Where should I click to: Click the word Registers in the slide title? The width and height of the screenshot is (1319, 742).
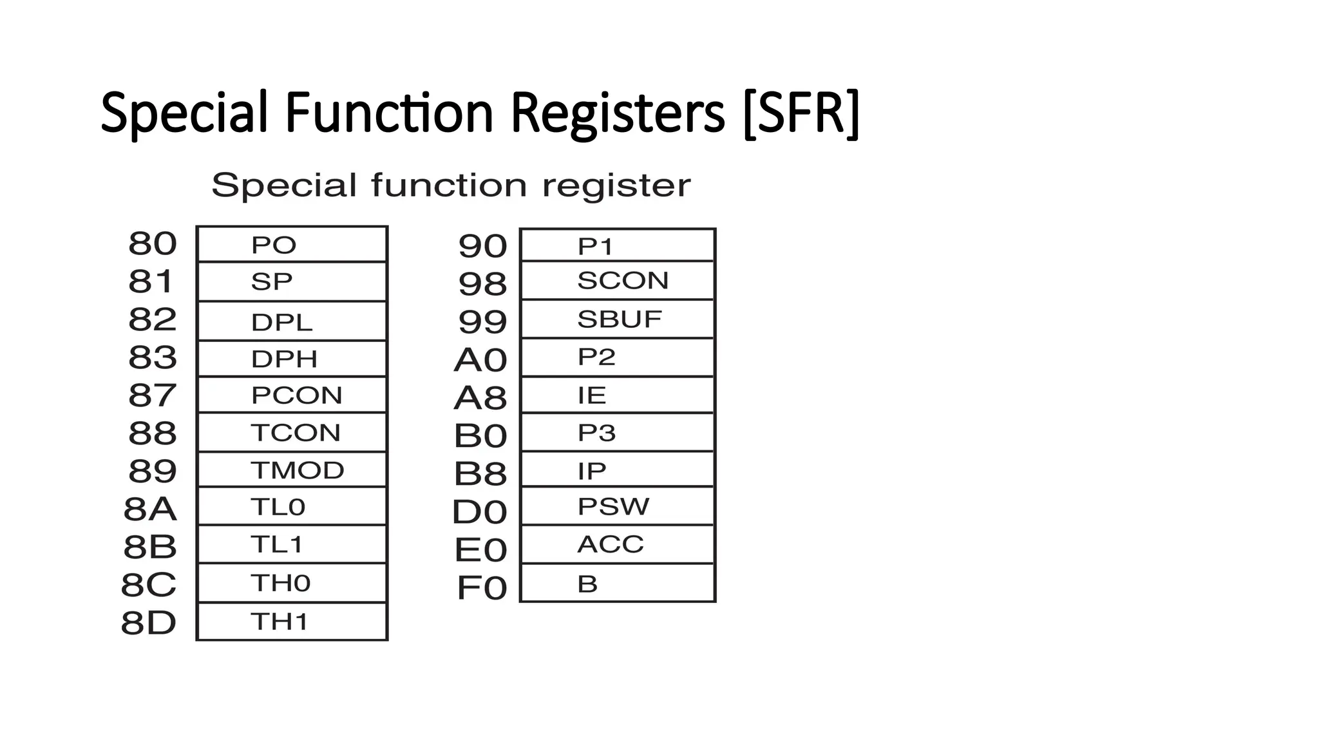click(618, 113)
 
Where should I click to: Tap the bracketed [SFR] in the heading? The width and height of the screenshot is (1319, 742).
click(801, 113)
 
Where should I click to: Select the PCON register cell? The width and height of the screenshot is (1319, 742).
click(292, 395)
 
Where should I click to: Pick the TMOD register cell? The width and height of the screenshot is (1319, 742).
click(292, 470)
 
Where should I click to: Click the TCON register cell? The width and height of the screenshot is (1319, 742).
click(292, 432)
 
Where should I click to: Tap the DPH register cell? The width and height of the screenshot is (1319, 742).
click(292, 359)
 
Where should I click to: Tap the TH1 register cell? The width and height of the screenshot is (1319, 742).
click(292, 622)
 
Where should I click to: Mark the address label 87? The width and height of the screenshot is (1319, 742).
click(152, 395)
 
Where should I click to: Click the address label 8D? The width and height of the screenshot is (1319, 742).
click(149, 623)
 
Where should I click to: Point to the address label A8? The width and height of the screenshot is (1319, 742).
click(480, 398)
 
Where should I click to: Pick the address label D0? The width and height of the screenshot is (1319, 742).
click(480, 512)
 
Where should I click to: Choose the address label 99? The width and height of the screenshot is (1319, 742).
click(482, 321)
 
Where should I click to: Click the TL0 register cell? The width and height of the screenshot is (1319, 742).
click(292, 507)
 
